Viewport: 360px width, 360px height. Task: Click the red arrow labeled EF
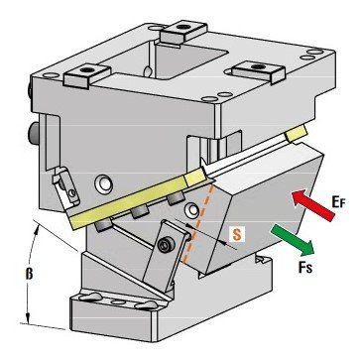click(313, 204)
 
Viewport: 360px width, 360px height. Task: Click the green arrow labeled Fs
click(293, 240)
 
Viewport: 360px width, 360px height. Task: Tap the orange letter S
click(236, 234)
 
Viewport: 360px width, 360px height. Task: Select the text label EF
click(338, 201)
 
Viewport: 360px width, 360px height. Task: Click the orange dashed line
click(197, 223)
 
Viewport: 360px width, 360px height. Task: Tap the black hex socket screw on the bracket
click(164, 245)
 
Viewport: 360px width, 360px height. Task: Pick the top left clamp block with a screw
click(87, 75)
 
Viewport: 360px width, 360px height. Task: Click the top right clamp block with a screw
click(259, 72)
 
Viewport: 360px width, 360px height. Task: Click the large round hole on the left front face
click(104, 183)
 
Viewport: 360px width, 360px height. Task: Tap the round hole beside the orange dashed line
click(192, 210)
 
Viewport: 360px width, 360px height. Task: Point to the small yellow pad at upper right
click(297, 134)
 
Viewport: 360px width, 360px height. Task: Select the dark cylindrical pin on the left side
click(33, 133)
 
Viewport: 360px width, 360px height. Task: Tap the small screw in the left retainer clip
click(72, 192)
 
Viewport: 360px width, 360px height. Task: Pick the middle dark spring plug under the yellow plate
click(137, 213)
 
